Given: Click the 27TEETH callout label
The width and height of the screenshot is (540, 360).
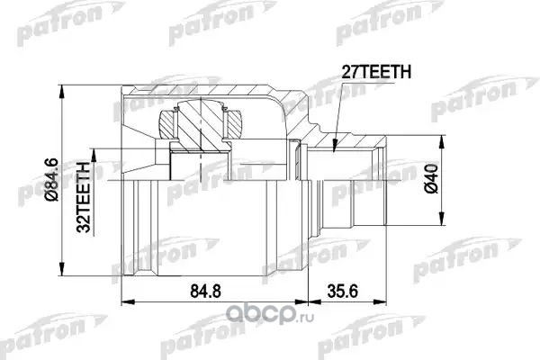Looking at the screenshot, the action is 376,72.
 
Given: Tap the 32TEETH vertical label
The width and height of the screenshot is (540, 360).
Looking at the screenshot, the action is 84,197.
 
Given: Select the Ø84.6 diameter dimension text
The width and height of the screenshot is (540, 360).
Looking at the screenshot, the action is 52,179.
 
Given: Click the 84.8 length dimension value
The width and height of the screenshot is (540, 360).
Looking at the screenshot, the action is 205,292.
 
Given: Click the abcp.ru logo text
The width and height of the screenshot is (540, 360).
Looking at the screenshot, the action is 270,314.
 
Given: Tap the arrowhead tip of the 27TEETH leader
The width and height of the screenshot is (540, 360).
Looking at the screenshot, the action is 333,151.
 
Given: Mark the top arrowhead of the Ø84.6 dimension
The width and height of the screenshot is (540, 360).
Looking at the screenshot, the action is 61,85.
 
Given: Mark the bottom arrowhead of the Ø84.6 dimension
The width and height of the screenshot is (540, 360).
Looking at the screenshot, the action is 61,275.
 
